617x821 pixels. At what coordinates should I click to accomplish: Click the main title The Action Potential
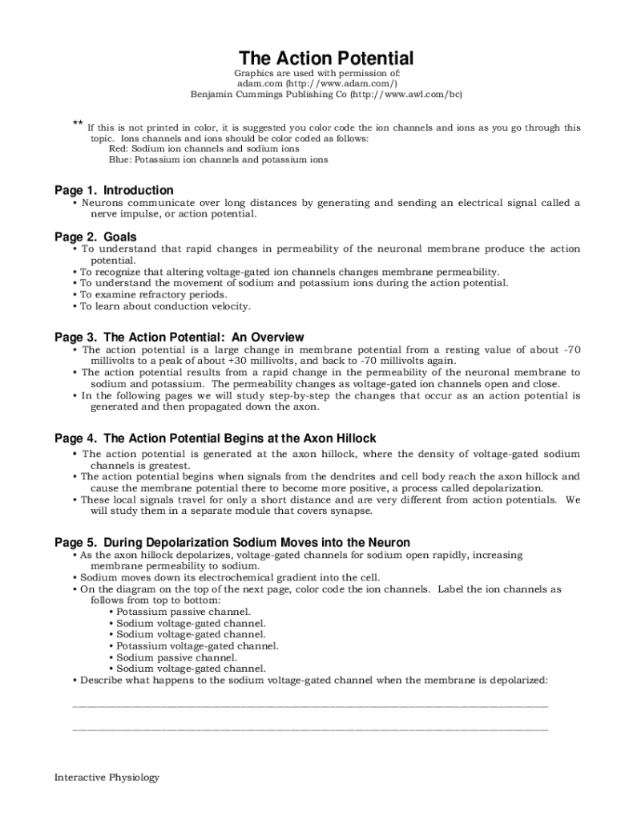click(x=326, y=59)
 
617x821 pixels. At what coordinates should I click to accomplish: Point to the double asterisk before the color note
click(x=78, y=123)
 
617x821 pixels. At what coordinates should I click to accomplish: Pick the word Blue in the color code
click(x=120, y=160)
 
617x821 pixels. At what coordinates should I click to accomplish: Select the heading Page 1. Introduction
click(x=114, y=190)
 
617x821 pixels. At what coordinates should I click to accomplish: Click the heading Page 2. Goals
click(x=95, y=237)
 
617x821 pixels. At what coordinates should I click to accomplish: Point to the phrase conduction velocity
click(x=200, y=306)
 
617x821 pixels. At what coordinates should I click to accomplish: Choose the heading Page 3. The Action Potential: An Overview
click(x=179, y=338)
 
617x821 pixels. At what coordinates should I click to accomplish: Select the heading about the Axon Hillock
click(x=216, y=439)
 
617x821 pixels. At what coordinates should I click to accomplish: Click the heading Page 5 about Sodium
click(x=232, y=543)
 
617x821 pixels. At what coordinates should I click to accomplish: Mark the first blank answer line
click(x=311, y=706)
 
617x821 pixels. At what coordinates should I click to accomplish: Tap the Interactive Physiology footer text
click(x=107, y=777)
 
